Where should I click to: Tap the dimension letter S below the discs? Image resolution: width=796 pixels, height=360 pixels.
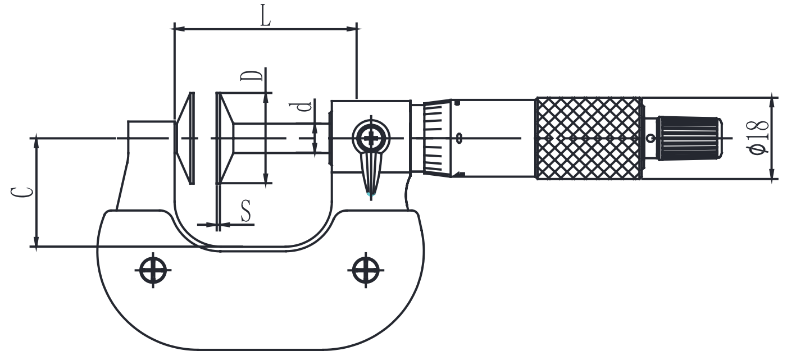245,211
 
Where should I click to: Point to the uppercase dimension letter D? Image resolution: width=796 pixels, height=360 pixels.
252,76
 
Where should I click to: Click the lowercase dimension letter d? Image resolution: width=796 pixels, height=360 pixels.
304,107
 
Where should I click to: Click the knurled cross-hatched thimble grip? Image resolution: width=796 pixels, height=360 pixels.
589,138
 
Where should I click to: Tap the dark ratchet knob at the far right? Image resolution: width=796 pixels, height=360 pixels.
688,138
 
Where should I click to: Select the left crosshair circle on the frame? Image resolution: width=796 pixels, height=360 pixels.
153,270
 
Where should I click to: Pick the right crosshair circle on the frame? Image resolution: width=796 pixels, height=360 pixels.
366,270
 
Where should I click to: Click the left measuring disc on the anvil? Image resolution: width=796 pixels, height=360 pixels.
185,138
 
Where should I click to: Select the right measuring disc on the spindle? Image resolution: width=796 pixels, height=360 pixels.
225,138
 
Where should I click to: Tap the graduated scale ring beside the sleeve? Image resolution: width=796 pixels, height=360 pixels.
437,138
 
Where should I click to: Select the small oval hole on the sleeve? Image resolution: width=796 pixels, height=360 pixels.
460,138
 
